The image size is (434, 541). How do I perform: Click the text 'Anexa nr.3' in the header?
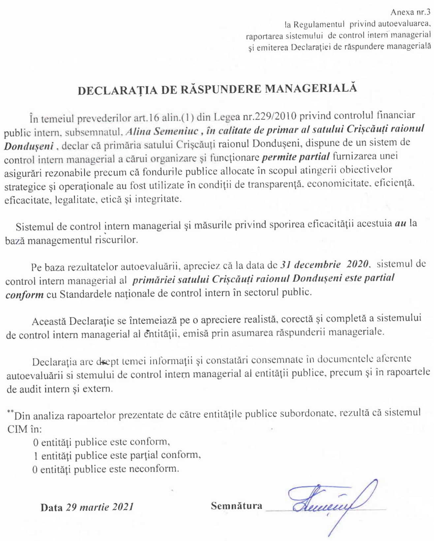tap(410, 13)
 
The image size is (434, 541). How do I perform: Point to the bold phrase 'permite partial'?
tap(296, 157)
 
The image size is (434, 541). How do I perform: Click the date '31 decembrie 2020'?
tap(325, 264)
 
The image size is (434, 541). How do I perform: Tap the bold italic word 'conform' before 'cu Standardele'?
tap(24, 294)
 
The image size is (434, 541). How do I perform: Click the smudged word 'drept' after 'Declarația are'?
tap(107, 362)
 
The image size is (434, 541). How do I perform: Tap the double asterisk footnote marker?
tap(10, 412)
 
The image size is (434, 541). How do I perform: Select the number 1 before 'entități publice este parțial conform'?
tap(36, 456)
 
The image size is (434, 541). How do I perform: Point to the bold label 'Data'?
tap(51, 507)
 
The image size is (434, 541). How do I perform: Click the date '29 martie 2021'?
tap(100, 507)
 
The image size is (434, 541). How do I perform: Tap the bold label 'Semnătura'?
tap(236, 506)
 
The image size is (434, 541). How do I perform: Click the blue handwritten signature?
tap(330, 501)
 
